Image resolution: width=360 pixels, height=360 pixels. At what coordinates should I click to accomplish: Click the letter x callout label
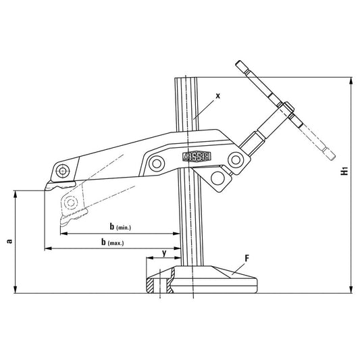217,97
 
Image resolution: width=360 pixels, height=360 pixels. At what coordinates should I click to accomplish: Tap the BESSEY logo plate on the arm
198,155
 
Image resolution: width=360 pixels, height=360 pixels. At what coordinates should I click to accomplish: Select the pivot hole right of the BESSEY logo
235,159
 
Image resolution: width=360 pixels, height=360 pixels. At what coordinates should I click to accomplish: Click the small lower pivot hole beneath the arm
218,176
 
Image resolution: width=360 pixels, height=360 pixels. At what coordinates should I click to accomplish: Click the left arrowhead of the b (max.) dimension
47,249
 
